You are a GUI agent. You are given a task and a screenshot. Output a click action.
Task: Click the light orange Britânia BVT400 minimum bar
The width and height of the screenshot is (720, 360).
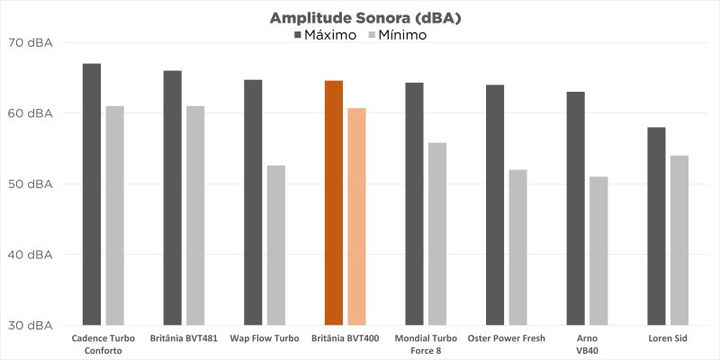357,216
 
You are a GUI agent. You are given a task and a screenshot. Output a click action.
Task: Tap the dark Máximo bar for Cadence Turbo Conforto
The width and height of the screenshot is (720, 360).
92,193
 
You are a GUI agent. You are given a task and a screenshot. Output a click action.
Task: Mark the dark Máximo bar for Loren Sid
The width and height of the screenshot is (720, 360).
657,226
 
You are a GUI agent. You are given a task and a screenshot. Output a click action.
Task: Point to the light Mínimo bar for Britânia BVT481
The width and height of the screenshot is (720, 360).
195,215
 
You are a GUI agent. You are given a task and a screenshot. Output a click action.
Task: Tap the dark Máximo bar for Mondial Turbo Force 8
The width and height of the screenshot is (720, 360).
414,203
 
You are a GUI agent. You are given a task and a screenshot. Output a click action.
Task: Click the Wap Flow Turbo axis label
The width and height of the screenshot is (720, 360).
265,338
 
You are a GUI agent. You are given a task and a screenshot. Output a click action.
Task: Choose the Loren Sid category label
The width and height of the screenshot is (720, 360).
668,338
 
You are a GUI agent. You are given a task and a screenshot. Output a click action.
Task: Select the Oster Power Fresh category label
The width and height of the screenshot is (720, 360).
506,338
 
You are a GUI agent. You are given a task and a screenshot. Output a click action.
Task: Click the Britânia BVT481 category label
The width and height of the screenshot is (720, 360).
184,338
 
